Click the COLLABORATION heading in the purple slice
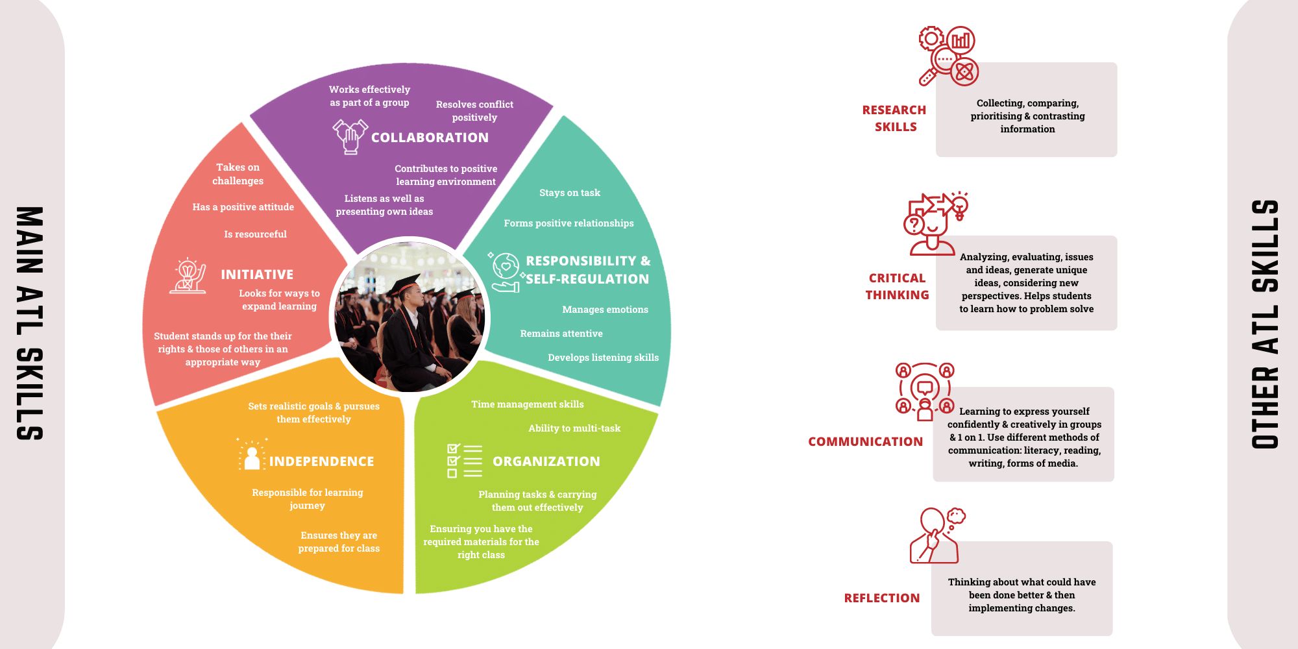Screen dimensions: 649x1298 (x=430, y=138)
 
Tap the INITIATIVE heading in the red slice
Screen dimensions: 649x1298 (x=257, y=275)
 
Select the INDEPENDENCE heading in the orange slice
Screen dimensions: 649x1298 (x=321, y=461)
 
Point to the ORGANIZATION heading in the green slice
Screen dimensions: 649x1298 (x=546, y=461)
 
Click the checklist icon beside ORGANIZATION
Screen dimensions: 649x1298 (x=465, y=461)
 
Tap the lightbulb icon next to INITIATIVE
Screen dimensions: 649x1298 (x=188, y=276)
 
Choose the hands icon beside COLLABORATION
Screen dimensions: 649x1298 (x=350, y=136)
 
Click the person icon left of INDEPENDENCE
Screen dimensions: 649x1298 (x=252, y=456)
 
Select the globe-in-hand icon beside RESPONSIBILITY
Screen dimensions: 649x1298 (x=506, y=271)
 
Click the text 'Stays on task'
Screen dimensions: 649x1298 (x=570, y=193)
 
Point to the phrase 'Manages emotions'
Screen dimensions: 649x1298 (x=605, y=310)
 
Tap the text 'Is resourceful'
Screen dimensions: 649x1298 (x=255, y=234)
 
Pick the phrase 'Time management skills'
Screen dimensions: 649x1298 (x=527, y=404)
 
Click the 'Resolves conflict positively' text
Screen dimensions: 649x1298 (x=474, y=111)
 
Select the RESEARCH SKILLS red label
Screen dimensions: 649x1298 (x=894, y=118)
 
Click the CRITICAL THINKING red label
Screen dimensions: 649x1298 (x=897, y=286)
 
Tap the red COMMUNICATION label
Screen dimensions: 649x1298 (x=865, y=442)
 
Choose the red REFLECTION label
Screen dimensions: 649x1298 (x=881, y=598)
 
